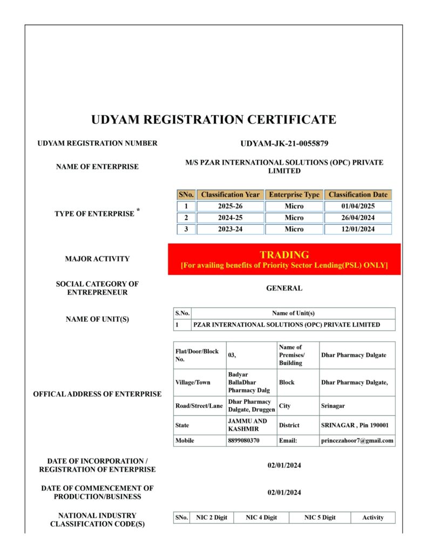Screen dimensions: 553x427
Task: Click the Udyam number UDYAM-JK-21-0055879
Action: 284,144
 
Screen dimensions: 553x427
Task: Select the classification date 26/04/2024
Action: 358,218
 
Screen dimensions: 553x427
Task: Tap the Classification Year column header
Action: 231,194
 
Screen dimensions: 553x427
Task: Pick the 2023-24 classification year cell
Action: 231,229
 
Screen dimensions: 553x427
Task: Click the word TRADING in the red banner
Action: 284,254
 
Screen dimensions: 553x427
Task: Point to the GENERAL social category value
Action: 284,288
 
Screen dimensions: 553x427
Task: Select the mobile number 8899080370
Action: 243,441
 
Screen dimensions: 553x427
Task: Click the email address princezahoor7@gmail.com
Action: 357,441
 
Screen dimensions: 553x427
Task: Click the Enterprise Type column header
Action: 294,194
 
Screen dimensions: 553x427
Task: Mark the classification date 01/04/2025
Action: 358,206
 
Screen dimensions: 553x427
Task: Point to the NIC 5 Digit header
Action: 320,517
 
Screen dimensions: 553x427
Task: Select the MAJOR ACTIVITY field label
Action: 97,259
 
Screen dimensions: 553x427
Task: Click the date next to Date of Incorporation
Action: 284,466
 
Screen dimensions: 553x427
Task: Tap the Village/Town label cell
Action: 193,382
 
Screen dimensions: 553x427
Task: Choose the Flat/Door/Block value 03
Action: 233,355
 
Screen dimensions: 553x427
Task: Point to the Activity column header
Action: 372,517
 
